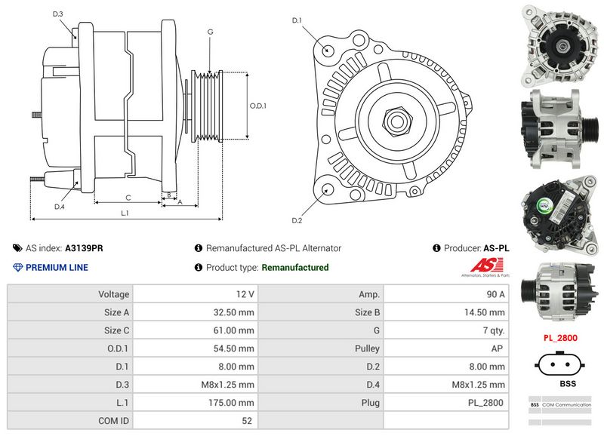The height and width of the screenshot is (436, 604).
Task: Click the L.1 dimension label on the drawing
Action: tap(125, 213)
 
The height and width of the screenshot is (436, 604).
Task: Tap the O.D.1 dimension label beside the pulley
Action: tap(258, 106)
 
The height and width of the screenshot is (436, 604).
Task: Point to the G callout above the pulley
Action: tap(210, 32)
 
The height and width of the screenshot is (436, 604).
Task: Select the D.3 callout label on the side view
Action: tap(58, 14)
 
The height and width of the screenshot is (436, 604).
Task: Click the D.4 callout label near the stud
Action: tap(60, 206)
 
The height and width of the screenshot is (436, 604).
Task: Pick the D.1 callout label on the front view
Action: tap(297, 20)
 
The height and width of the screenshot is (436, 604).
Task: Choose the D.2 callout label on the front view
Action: tap(297, 220)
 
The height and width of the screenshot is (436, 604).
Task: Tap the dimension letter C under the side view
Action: tap(128, 198)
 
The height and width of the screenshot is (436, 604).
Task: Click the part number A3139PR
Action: tap(84, 247)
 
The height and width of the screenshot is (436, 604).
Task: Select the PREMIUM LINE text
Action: tap(57, 267)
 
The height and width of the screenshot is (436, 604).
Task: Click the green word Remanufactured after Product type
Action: tap(294, 267)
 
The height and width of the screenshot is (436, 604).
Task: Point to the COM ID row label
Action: tap(113, 421)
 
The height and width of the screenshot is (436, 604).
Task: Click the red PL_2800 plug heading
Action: tap(559, 338)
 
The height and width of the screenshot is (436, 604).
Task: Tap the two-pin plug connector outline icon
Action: tap(559, 364)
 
